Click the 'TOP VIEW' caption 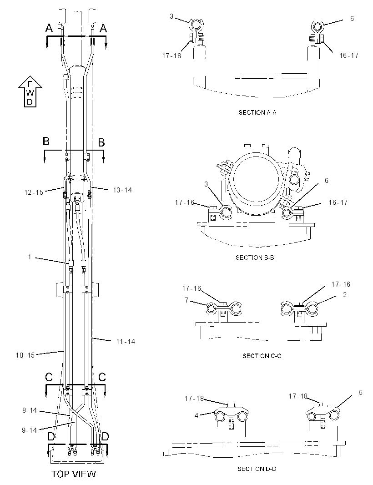click(x=74, y=474)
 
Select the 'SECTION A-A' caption click(x=257, y=112)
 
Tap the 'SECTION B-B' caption click(x=255, y=258)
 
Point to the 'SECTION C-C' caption click(x=262, y=356)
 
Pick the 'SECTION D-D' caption click(x=257, y=469)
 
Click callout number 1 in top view click(x=30, y=257)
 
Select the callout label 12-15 click(x=34, y=192)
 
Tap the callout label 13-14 click(x=122, y=190)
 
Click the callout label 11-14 click(x=126, y=342)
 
